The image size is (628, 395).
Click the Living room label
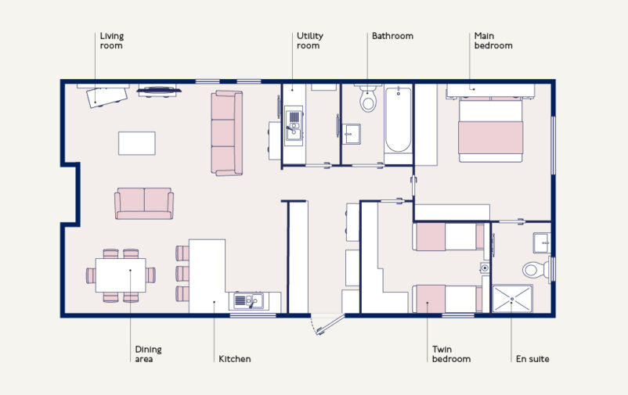coord(111,41)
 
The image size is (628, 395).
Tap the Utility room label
coord(309,41)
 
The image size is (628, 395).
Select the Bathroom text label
coord(392,36)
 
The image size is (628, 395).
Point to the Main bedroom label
coord(493,41)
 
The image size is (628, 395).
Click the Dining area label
coord(148,354)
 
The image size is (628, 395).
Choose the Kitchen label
coord(234,359)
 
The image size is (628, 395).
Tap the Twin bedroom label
coord(451,354)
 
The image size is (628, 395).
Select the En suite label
coord(532,359)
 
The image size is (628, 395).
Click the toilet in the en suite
coord(536,270)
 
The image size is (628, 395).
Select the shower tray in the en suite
coord(511,300)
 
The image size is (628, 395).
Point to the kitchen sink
coord(247,300)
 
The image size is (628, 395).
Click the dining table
coord(120,275)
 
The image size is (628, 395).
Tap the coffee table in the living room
coord(136,142)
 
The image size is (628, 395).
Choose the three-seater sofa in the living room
coord(227,133)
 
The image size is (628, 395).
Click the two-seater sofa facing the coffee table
coord(144,203)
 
